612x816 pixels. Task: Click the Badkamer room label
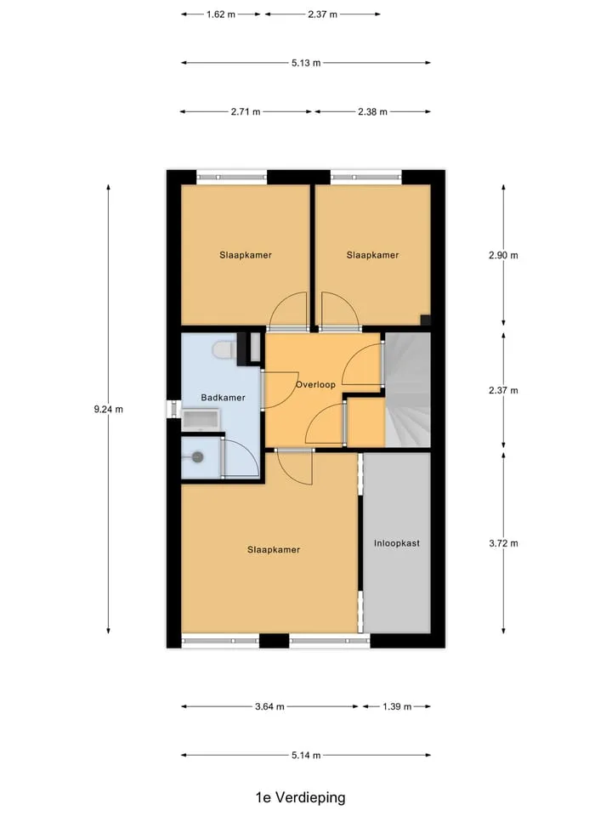223,398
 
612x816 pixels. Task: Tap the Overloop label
315,384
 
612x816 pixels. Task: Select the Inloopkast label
397,543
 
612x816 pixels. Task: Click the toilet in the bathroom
223,349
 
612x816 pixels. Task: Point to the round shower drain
197,457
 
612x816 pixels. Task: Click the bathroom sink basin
201,419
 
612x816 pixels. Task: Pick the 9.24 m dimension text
108,410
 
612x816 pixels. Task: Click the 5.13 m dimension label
306,63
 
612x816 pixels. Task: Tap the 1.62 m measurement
221,14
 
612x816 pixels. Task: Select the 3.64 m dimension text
269,706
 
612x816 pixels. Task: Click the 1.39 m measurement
397,706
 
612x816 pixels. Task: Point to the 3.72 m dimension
503,543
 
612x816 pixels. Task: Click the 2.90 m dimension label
503,256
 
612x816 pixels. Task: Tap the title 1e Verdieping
300,797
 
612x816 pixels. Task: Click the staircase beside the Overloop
407,390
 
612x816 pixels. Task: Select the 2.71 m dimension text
246,112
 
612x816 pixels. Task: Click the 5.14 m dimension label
306,755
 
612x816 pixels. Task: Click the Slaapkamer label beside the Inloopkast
274,550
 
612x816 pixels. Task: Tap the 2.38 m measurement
372,112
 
